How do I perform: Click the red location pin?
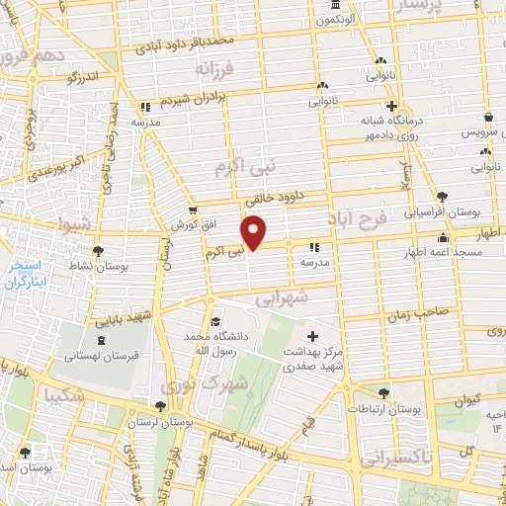254,230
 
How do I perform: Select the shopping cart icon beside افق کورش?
193,210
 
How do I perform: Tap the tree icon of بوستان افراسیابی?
441,196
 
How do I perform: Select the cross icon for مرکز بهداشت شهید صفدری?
314,336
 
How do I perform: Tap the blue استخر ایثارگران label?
27,275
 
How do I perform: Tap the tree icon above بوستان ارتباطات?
383,391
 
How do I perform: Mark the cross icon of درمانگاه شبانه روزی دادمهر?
391,106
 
